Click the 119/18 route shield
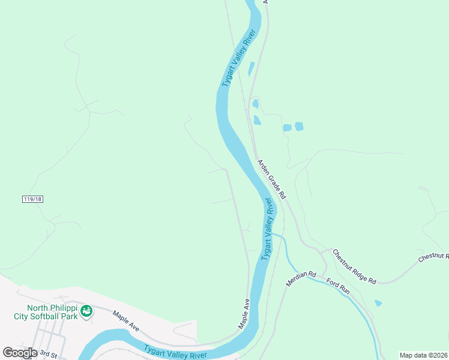point(33,199)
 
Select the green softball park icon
point(87,311)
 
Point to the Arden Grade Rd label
point(272,179)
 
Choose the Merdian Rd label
point(301,278)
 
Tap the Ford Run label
point(337,285)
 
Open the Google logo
point(20,352)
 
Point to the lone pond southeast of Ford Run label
point(378,303)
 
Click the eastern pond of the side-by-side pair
point(299,126)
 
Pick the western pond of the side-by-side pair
point(287,127)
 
